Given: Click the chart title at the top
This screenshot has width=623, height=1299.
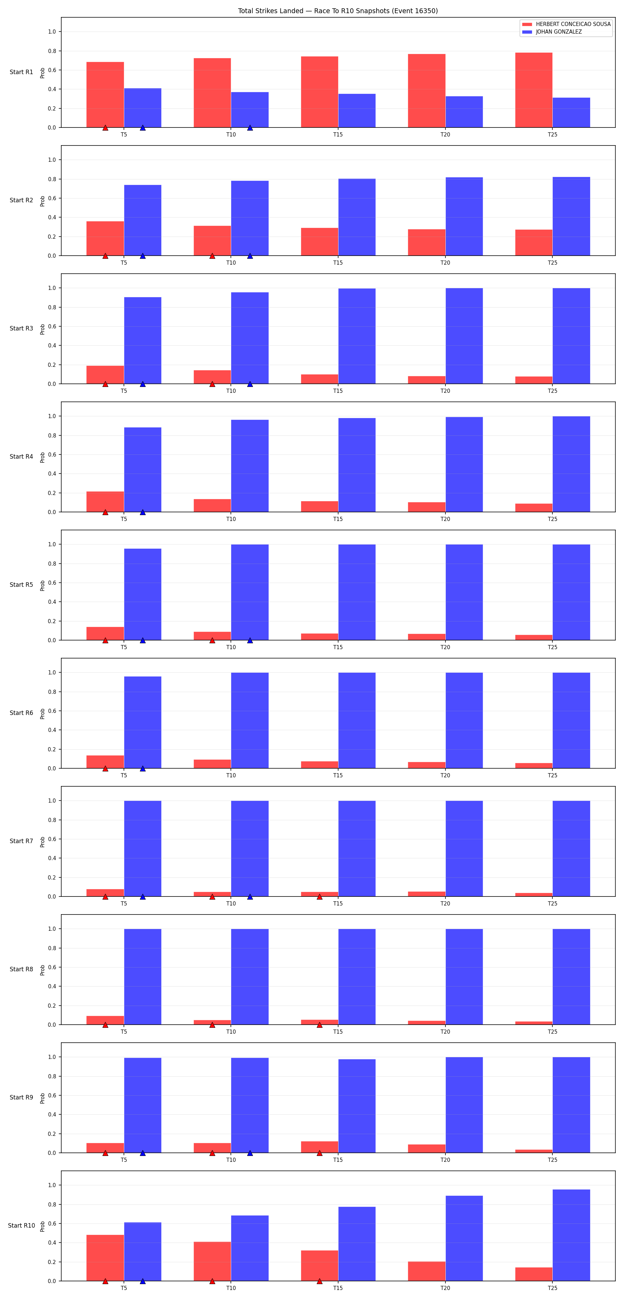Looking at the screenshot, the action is [x=338, y=11].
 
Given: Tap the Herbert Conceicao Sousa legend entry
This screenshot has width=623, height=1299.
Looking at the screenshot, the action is [x=567, y=24].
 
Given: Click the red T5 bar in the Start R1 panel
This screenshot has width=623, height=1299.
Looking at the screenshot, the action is [x=105, y=95].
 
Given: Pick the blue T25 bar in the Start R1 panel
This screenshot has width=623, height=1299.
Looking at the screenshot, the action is [x=571, y=113].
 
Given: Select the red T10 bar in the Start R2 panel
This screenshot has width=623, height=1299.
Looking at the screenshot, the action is [x=212, y=240].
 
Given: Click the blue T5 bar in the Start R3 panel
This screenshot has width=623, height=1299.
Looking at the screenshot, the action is [x=143, y=341].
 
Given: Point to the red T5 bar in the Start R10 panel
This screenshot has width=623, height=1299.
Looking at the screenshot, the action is [x=105, y=1258].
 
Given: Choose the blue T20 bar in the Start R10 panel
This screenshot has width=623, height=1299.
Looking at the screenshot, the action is [x=464, y=1238].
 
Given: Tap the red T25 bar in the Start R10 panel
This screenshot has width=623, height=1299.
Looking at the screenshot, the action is [x=534, y=1274].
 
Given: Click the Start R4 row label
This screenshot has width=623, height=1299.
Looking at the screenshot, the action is [x=21, y=456].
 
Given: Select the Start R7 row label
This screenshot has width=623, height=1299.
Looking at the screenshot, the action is [x=21, y=841].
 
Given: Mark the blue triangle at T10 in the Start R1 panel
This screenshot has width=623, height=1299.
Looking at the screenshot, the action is [x=250, y=127].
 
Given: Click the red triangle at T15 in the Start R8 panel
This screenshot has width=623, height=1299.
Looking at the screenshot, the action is [x=319, y=1025].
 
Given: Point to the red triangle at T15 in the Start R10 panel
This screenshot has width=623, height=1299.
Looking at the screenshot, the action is [x=319, y=1281].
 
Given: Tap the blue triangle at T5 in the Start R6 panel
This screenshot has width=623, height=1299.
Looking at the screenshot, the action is [x=143, y=769].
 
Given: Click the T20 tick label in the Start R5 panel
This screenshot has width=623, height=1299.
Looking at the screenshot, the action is [x=445, y=647].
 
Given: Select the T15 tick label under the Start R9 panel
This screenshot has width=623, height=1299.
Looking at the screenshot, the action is [x=338, y=1160].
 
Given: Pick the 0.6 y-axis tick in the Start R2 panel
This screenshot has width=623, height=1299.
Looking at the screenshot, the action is [x=52, y=198].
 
